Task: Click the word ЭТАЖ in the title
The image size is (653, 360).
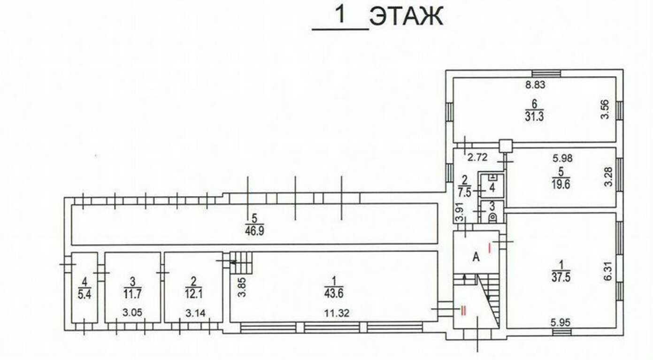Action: (406, 17)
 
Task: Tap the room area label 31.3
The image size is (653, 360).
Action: (534, 116)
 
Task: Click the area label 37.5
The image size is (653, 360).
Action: (562, 277)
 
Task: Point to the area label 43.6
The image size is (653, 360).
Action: (333, 291)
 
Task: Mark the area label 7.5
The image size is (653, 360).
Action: (465, 192)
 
